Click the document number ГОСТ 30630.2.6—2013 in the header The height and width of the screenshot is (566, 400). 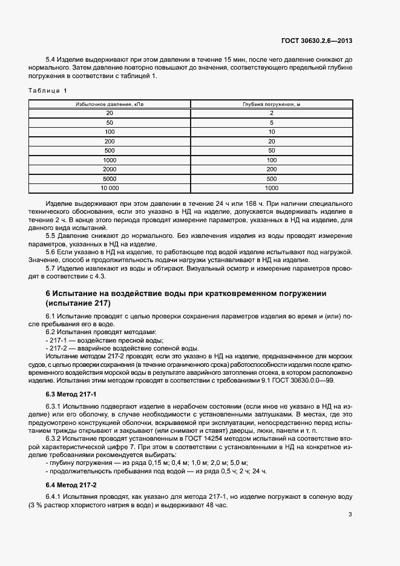click(x=317, y=41)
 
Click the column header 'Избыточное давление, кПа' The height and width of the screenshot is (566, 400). click(x=110, y=104)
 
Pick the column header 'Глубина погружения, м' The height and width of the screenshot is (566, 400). click(x=272, y=104)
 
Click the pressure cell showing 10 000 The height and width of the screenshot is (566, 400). click(x=110, y=188)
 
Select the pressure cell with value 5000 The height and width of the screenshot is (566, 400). click(x=110, y=179)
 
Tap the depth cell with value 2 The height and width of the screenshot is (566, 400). click(x=272, y=113)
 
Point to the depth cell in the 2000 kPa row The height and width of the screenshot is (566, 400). click(x=272, y=169)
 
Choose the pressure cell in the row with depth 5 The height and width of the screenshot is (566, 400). click(x=110, y=122)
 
